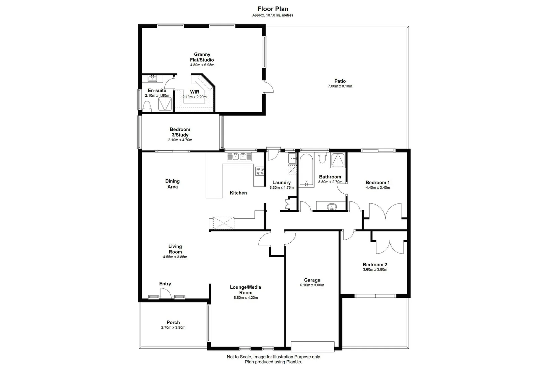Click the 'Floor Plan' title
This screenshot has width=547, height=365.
click(273, 9)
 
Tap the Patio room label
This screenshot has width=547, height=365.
click(340, 81)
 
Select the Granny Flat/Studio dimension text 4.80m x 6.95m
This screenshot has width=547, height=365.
click(202, 65)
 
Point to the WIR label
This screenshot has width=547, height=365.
click(194, 92)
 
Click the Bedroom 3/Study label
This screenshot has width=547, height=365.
click(180, 132)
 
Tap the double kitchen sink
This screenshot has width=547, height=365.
click(239, 156)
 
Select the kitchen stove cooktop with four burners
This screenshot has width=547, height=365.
click(260, 171)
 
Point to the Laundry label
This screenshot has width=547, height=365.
click(282, 182)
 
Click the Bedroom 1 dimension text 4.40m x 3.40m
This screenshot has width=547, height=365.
click(378, 188)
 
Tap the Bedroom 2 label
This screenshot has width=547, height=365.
click(375, 265)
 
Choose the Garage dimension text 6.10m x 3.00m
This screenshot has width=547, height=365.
click(312, 285)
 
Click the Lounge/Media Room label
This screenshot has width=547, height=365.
click(245, 290)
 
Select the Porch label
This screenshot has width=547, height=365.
click(173, 322)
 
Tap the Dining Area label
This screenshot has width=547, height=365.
click(172, 184)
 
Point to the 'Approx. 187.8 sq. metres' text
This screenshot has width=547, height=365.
click(273, 15)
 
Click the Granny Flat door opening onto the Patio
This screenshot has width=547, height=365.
click(268, 87)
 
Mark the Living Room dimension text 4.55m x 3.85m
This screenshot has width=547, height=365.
click(175, 257)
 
